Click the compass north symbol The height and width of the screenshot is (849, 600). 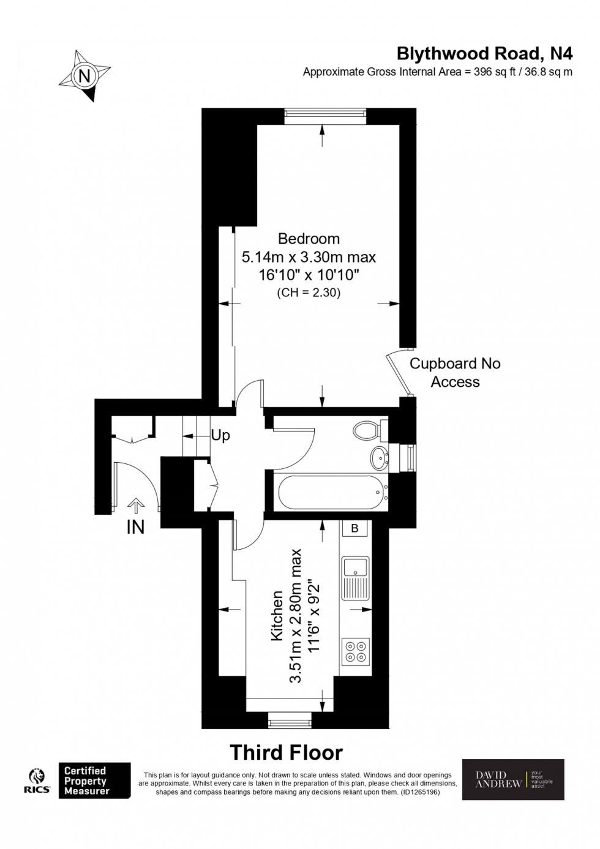[x=84, y=76]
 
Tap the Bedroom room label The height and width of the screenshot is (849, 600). [x=309, y=238]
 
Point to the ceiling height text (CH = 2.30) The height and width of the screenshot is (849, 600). [x=309, y=293]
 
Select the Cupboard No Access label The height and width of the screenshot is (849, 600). [x=454, y=372]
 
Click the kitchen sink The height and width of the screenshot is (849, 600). [x=355, y=577]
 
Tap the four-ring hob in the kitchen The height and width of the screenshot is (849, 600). [x=355, y=651]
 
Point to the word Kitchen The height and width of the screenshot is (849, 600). [x=277, y=616]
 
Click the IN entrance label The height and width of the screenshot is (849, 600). [x=135, y=527]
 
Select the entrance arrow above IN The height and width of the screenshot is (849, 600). [x=135, y=505]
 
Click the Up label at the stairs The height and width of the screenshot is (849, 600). [x=220, y=436]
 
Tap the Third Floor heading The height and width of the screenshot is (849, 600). [x=286, y=752]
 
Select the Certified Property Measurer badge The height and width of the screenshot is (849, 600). [x=94, y=780]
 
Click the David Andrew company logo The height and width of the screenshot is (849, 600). [x=512, y=779]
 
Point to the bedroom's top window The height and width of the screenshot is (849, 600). [x=324, y=116]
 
